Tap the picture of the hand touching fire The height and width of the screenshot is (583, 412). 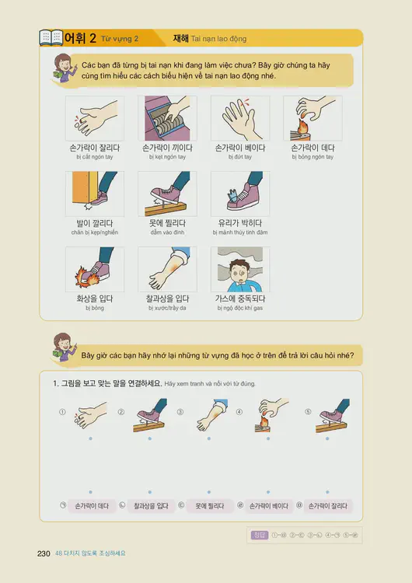(312, 118)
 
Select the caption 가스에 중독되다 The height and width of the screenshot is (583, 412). (240, 298)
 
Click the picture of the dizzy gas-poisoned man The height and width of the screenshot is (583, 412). (240, 269)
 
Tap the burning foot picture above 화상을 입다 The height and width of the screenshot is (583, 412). (95, 269)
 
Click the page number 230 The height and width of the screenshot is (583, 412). (44, 553)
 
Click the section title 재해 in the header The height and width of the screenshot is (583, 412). (183, 38)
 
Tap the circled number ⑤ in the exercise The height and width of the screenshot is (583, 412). (308, 412)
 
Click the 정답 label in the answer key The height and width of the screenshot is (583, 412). (260, 534)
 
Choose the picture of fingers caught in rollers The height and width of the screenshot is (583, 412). (167, 118)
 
